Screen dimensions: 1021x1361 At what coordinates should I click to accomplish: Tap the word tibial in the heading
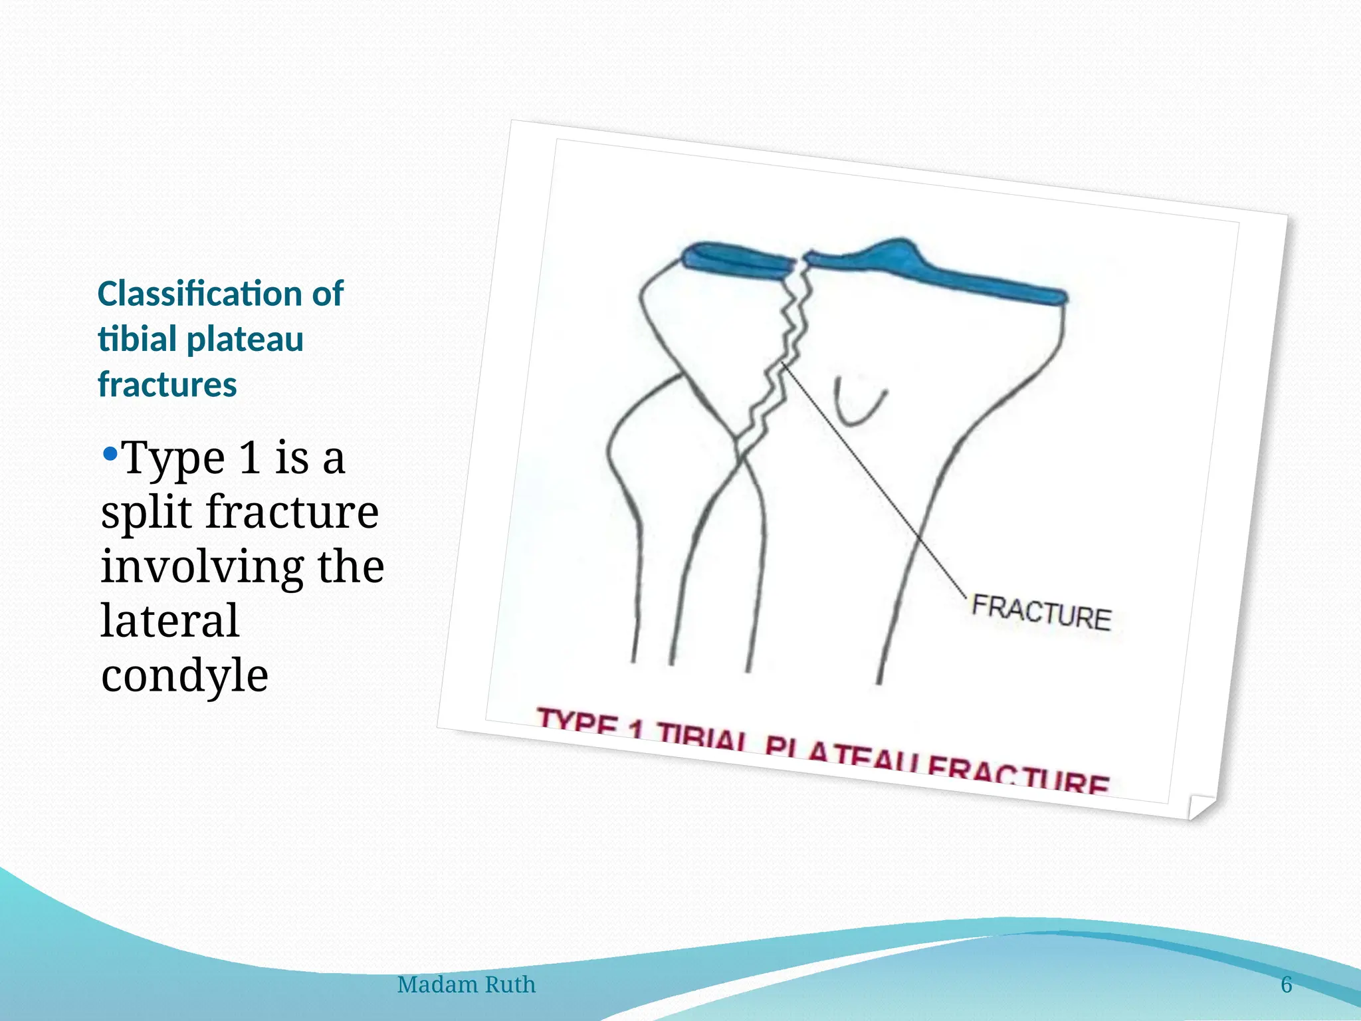coord(137,339)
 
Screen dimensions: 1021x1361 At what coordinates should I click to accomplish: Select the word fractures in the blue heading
coord(167,385)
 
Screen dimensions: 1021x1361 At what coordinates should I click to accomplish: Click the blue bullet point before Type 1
coord(110,455)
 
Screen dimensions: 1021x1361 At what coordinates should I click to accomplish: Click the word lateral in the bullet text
coord(169,621)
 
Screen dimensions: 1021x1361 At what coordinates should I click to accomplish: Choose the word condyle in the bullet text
coord(185,675)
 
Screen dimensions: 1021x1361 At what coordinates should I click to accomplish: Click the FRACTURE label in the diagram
coord(1041,612)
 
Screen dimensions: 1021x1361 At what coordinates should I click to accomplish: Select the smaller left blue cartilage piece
coord(738,261)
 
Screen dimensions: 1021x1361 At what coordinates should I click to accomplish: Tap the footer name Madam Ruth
coord(466,984)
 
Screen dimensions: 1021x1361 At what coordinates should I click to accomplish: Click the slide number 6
coord(1287,984)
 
